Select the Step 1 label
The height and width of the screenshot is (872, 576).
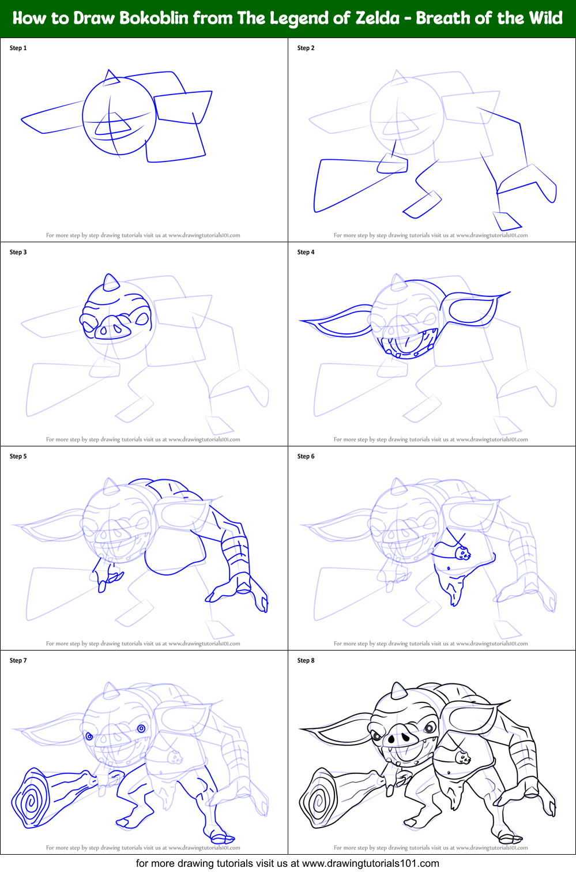18,48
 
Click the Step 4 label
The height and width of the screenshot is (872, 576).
306,252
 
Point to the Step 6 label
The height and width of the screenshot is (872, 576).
306,456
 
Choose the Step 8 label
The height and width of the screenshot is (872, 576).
306,660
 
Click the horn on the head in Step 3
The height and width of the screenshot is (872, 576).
110,283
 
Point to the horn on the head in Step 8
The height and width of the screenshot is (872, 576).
398,690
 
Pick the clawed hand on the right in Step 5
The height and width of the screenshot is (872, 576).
242,591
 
